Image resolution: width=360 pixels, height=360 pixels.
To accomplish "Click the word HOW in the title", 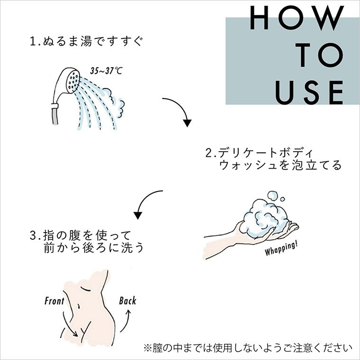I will pyautogui.click(x=296, y=19).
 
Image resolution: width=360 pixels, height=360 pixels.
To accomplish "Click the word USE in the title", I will pyautogui.click(x=309, y=92).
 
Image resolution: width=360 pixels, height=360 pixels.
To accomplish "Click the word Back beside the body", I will pyautogui.click(x=127, y=300).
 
